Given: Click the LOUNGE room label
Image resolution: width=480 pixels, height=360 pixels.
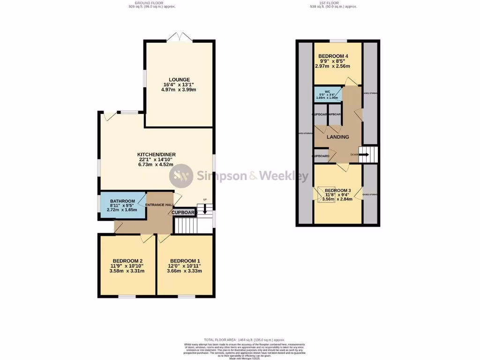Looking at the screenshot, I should point(180,80).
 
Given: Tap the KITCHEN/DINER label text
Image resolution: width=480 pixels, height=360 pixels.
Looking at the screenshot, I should point(156,155).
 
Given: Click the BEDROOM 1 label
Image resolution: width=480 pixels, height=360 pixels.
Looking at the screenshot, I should point(186,261).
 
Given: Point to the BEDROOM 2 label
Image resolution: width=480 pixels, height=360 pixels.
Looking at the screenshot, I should point(127,261).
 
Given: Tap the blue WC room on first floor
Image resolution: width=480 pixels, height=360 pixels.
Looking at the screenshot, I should point(328,94).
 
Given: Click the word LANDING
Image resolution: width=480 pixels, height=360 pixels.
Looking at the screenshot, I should point(337,137).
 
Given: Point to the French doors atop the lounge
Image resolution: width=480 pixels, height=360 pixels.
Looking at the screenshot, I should point(180,37).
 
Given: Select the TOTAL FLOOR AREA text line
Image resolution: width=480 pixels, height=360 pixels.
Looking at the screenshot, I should point(244,339).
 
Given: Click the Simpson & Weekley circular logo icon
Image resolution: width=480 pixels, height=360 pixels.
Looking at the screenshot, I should point(181,176).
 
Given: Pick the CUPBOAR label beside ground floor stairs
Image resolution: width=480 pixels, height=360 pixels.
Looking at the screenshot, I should point(183,212).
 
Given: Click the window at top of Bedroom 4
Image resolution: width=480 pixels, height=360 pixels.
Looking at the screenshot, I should point(338,41).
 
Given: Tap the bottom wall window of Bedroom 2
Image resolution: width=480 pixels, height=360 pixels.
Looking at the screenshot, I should point(127,296).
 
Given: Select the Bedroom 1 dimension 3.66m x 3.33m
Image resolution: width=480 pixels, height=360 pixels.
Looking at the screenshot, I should point(186,271).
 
